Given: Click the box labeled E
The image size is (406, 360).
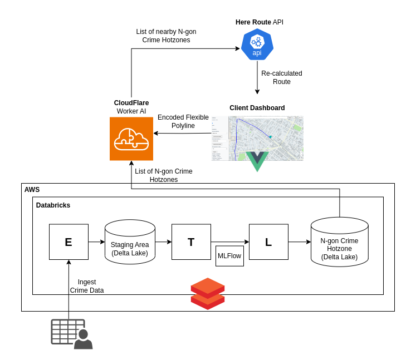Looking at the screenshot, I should pyautogui.click(x=69, y=242).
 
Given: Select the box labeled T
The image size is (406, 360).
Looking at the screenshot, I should pyautogui.click(x=191, y=242).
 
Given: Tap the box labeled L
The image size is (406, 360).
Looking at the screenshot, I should pyautogui.click(x=268, y=242).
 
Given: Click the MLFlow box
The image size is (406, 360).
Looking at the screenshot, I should pyautogui.click(x=230, y=256).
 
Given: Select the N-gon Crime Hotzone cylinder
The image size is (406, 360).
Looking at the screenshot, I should pyautogui.click(x=339, y=245).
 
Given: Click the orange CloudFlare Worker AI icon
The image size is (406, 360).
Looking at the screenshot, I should pyautogui.click(x=131, y=139).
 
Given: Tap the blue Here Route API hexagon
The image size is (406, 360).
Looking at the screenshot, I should pyautogui.click(x=257, y=45).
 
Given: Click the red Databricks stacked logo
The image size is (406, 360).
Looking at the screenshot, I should pyautogui.click(x=208, y=293).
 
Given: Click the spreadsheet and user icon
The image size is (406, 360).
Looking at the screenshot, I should pyautogui.click(x=72, y=334).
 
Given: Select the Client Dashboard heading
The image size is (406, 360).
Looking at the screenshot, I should pyautogui.click(x=257, y=108).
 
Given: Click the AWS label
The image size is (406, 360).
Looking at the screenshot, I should pyautogui.click(x=32, y=190).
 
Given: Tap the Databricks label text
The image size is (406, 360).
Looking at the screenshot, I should pyautogui.click(x=53, y=205).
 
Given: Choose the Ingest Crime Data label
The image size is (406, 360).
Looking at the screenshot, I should pyautogui.click(x=87, y=286).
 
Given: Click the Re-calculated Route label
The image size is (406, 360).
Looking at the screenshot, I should pyautogui.click(x=281, y=77).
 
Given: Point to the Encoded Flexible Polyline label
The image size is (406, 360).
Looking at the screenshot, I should pyautogui.click(x=183, y=121).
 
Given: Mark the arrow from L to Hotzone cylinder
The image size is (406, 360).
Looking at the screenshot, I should pyautogui.click(x=300, y=242).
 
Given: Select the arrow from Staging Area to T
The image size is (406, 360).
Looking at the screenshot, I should pyautogui.click(x=163, y=242).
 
